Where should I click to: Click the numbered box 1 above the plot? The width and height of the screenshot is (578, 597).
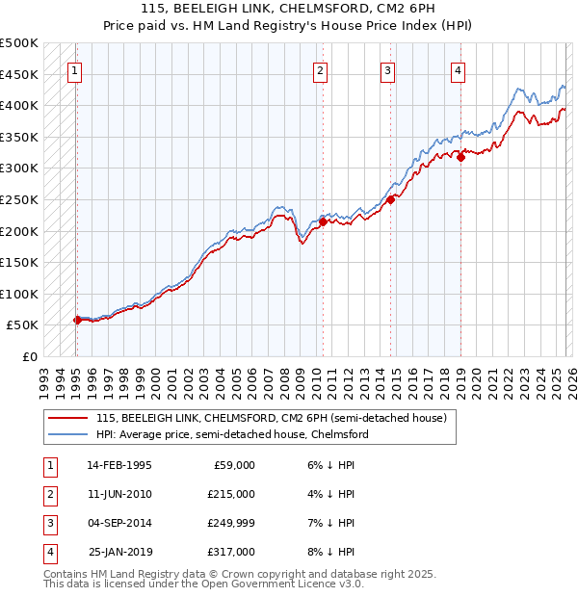(x=75, y=69)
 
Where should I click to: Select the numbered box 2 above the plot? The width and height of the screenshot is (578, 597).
(x=320, y=69)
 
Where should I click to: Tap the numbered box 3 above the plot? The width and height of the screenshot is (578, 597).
(x=387, y=69)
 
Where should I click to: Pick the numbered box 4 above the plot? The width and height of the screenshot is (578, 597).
(x=458, y=69)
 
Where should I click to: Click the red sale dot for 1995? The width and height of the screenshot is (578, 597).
(x=77, y=320)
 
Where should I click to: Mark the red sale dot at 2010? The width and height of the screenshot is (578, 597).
(x=322, y=221)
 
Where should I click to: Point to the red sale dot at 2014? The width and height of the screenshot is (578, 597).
(x=390, y=200)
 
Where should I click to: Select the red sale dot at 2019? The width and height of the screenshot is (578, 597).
(x=460, y=157)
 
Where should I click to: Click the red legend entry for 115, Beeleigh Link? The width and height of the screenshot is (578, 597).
(x=271, y=419)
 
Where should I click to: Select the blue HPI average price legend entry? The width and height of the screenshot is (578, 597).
(x=231, y=434)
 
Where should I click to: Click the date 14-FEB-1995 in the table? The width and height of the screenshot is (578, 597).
(x=119, y=465)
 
